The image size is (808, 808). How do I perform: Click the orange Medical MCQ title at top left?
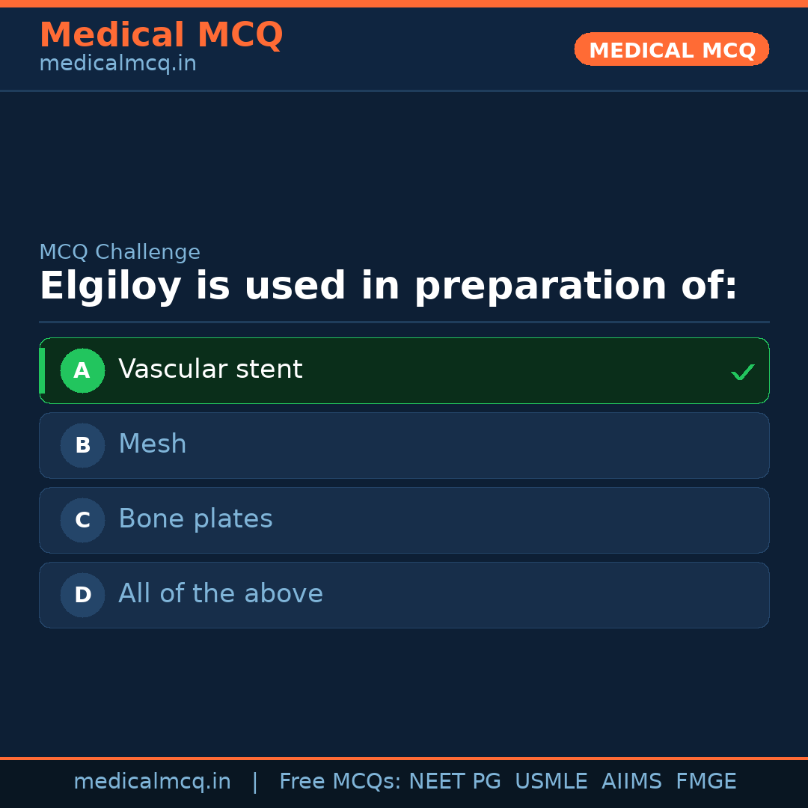pyautogui.click(x=161, y=35)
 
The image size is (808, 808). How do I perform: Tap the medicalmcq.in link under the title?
pyautogui.click(x=117, y=64)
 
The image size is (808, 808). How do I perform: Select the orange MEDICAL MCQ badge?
pyautogui.click(x=671, y=50)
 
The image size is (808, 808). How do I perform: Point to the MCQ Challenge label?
pyautogui.click(x=120, y=252)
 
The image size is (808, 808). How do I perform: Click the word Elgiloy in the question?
pyautogui.click(x=110, y=287)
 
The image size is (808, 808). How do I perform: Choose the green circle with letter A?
pyautogui.click(x=82, y=370)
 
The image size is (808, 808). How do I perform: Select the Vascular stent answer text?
pyautogui.click(x=210, y=370)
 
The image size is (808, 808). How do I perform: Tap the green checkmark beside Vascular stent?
pyautogui.click(x=742, y=372)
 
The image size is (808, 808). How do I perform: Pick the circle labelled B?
pyautogui.click(x=82, y=445)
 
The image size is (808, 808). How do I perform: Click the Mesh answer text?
pyautogui.click(x=153, y=444)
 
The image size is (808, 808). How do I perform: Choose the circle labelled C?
pyautogui.click(x=82, y=520)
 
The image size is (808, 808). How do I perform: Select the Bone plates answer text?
pyautogui.click(x=195, y=519)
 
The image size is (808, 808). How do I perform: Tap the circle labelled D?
pyautogui.click(x=82, y=595)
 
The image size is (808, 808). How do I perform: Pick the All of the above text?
pyautogui.click(x=221, y=594)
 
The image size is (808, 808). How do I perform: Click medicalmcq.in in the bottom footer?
pyautogui.click(x=152, y=782)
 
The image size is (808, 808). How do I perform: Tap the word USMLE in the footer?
pyautogui.click(x=551, y=782)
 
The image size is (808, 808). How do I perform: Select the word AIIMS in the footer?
pyautogui.click(x=631, y=782)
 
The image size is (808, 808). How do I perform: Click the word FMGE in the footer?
pyautogui.click(x=706, y=782)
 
